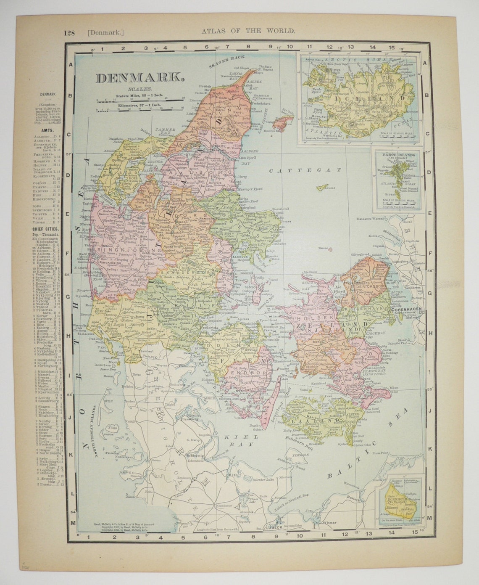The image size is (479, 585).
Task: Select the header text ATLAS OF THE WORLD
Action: pyautogui.click(x=248, y=30)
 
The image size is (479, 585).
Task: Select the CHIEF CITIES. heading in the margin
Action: pyautogui.click(x=44, y=228)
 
